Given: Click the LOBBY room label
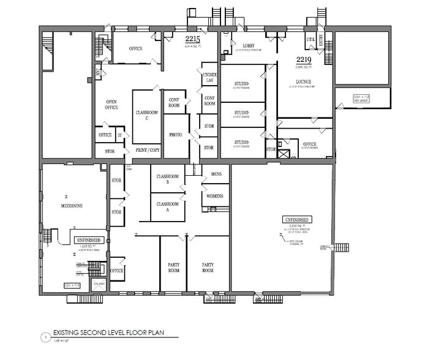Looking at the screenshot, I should coord(247,46).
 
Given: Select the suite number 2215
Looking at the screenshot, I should coord(193,38).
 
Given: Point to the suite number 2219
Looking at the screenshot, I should coord(304,59).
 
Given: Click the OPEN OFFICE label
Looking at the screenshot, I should coord(111,104).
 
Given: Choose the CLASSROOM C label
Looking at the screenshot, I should coord(146,115).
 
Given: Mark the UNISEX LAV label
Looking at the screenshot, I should coord(209,77).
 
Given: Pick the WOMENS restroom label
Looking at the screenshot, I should coord(216,196).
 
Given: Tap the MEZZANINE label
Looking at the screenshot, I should coord(72,206).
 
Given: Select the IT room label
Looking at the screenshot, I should coord(121,135).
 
